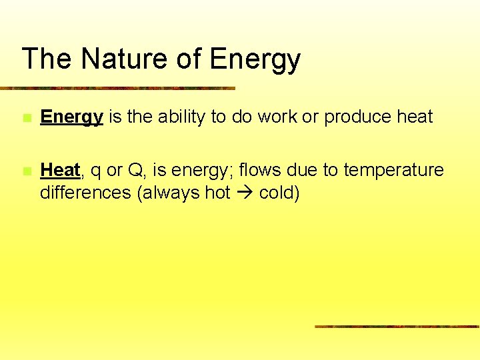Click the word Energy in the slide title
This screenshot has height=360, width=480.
coord(255,60)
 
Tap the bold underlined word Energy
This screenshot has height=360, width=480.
coord(71,117)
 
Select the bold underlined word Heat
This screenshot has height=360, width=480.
coord(60,171)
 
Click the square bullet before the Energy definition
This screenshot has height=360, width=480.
coord(25,118)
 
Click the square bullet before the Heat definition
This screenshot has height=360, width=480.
coord(25,171)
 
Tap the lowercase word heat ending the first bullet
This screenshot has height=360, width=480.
coord(415,117)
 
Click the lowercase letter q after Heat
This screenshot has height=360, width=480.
coord(95,172)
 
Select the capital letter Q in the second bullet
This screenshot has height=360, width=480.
coord(135,171)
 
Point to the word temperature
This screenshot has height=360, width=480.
coord(393,171)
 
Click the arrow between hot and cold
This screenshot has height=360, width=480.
coord(241,193)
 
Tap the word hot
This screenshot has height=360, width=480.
coord(217,193)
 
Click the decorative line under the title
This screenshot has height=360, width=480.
coord(117,88)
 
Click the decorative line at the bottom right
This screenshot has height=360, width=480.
coord(397,327)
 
